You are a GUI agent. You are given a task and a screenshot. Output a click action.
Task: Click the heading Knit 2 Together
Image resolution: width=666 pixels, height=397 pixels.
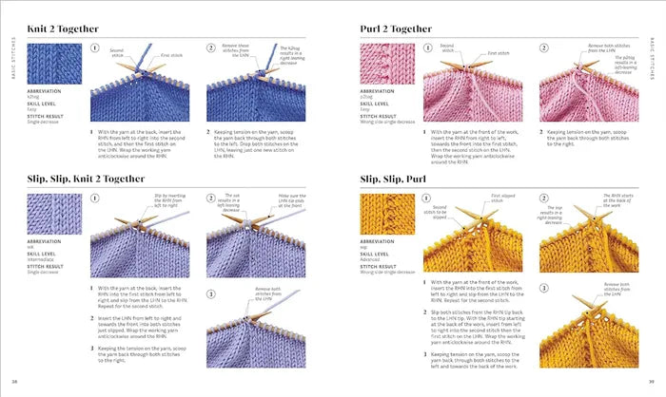[x=69, y=28]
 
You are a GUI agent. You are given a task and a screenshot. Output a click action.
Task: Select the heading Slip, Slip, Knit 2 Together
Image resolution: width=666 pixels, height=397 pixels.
[x=103, y=178]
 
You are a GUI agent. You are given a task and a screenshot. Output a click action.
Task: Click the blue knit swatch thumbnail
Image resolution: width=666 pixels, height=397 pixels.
[x=49, y=67]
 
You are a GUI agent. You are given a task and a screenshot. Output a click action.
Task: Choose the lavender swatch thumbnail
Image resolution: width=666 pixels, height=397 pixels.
[x=49, y=217]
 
